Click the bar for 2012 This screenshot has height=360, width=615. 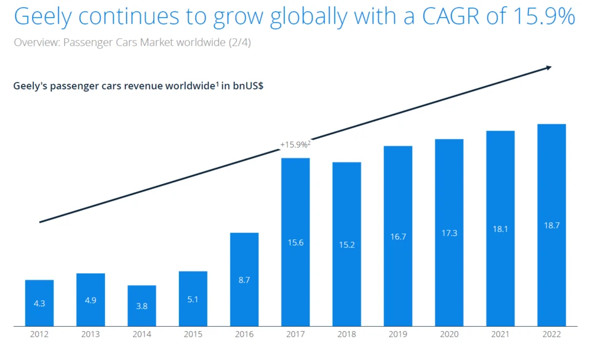click(x=39, y=303)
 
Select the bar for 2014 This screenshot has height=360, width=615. click(x=141, y=306)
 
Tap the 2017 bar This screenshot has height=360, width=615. click(x=295, y=242)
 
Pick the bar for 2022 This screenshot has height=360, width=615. click(x=551, y=225)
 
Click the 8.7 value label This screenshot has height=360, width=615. click(x=244, y=280)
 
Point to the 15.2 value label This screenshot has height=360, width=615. click(x=347, y=244)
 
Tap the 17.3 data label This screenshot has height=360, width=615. click(x=449, y=233)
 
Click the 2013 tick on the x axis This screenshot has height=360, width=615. click(x=90, y=335)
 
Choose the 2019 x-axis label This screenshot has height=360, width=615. click(x=398, y=335)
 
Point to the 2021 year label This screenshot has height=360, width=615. click(x=500, y=335)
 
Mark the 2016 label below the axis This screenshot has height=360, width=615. click(x=244, y=335)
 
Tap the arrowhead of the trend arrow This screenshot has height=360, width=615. click(x=548, y=68)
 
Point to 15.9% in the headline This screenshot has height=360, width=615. click(x=542, y=17)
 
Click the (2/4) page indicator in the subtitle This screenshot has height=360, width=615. click(x=239, y=42)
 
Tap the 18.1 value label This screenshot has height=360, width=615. click(x=500, y=229)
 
